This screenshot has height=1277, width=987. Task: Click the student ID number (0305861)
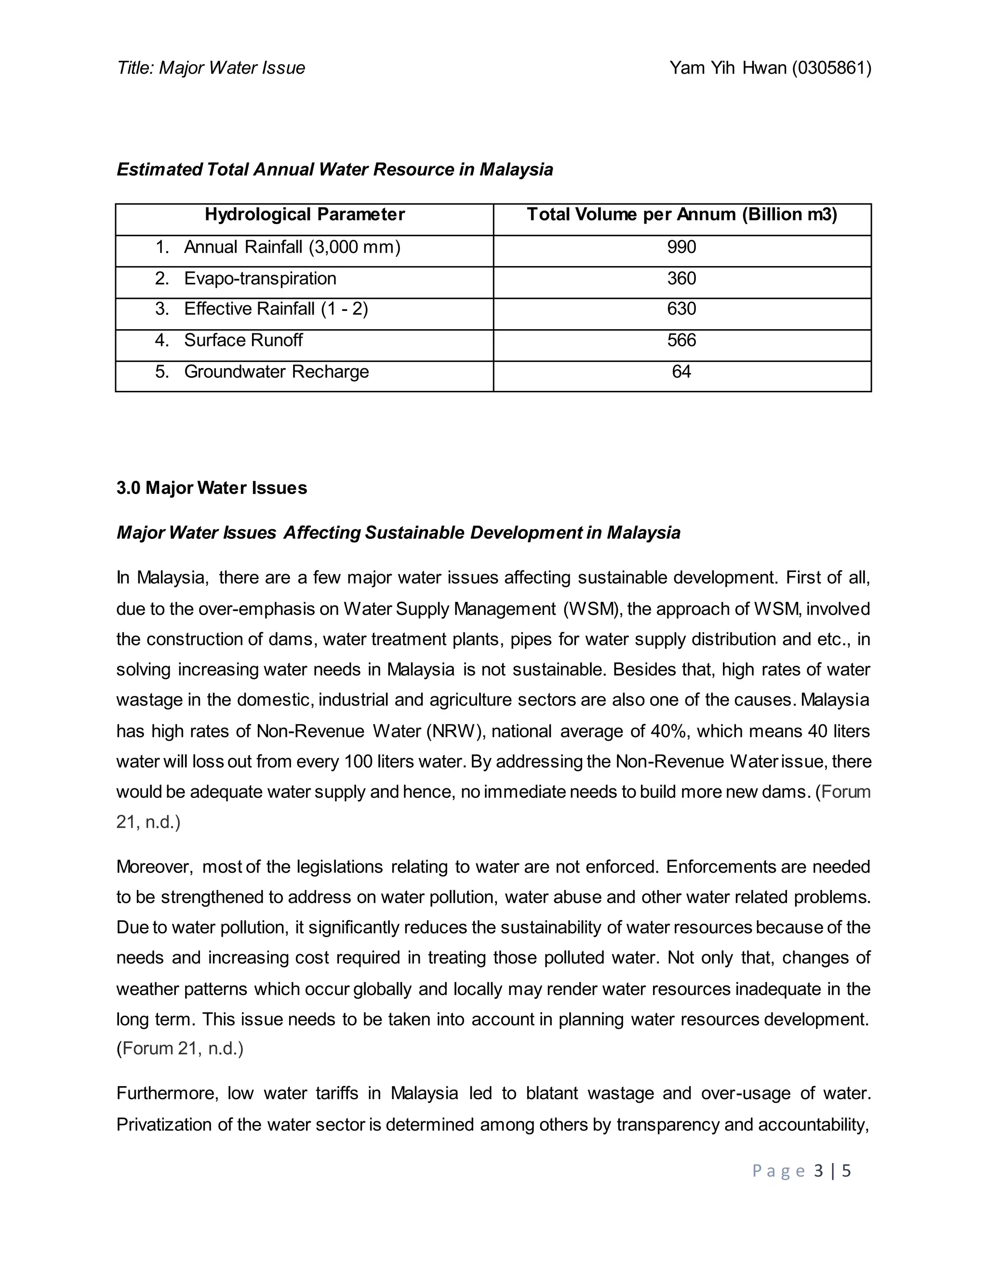pyautogui.click(x=831, y=68)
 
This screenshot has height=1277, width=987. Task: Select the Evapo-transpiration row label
pyautogui.click(x=260, y=279)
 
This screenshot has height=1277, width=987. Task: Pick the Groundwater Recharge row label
pyautogui.click(x=276, y=372)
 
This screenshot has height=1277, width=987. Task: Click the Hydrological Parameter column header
pyautogui.click(x=304, y=214)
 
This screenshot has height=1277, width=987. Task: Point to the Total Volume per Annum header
pyautogui.click(x=682, y=214)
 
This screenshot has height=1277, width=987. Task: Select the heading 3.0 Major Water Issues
pyautogui.click(x=211, y=488)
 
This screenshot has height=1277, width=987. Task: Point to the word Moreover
pyautogui.click(x=154, y=866)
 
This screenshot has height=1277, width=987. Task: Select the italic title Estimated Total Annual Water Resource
pyautogui.click(x=334, y=170)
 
